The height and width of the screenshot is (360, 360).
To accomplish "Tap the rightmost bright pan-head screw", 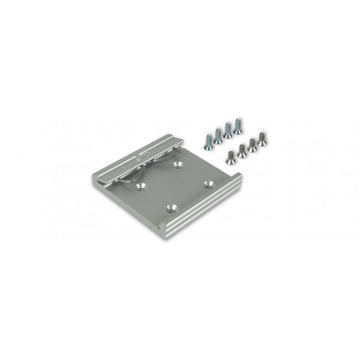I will [237, 122].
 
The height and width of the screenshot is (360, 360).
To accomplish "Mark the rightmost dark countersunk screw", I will [260, 138].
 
